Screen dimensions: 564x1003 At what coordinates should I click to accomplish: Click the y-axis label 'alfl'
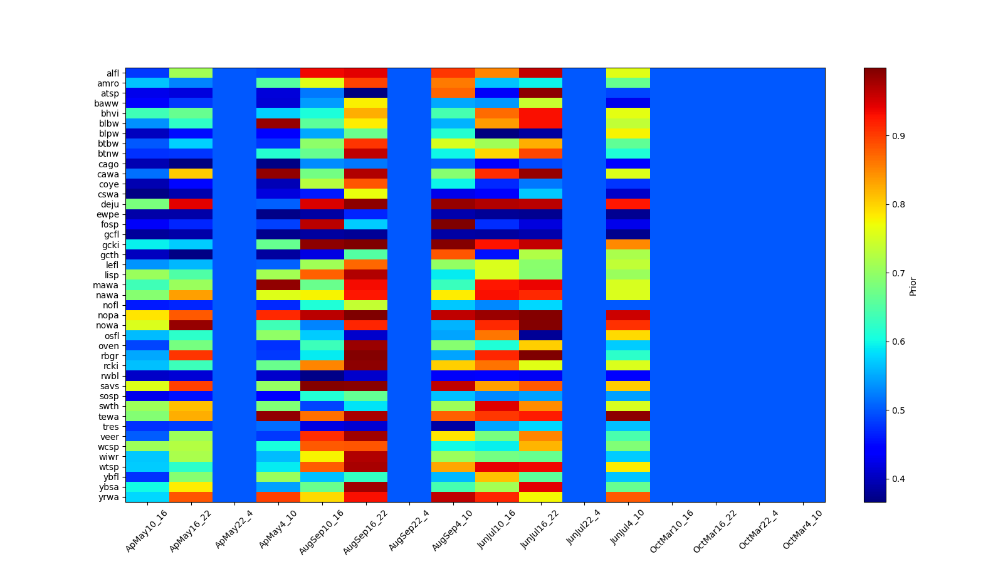tap(112, 73)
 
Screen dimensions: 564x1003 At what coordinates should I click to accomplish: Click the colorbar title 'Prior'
tap(913, 286)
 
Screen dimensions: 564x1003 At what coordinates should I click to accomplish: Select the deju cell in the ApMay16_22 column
tap(191, 204)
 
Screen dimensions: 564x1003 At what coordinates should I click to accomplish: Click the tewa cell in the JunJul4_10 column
tap(628, 416)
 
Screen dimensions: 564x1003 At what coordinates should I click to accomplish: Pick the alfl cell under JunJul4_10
tap(628, 73)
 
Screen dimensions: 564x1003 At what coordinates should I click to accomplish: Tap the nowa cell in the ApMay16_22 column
tap(191, 325)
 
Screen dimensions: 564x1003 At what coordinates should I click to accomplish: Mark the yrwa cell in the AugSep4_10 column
tap(453, 497)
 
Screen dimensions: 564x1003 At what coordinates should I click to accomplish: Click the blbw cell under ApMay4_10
tap(278, 123)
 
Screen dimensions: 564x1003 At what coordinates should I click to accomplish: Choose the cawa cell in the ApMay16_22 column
tap(191, 174)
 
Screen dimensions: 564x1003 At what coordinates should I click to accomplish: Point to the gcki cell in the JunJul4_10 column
tap(628, 244)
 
